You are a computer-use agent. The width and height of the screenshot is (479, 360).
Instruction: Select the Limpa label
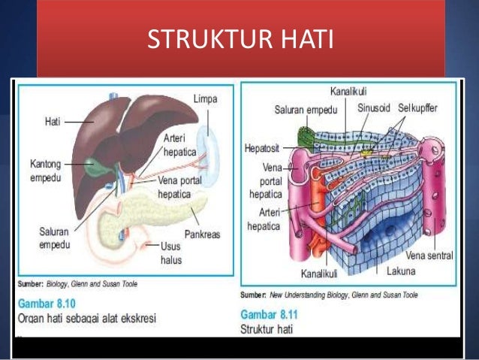pyautogui.click(x=206, y=100)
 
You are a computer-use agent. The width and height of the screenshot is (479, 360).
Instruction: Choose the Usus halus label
pyautogui.click(x=172, y=252)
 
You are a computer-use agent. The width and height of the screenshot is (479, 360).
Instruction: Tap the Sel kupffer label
pyautogui.click(x=417, y=108)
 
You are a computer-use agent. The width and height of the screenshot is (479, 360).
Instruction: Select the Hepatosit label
pyautogui.click(x=263, y=147)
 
